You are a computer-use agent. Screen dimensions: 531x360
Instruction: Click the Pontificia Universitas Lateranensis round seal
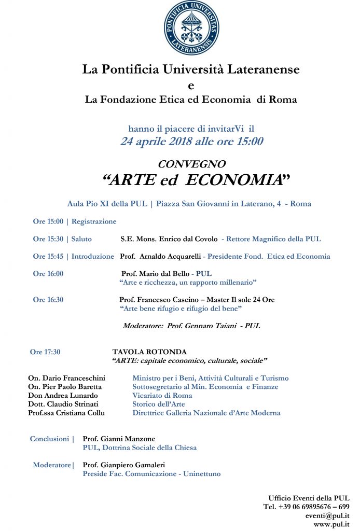(191, 29)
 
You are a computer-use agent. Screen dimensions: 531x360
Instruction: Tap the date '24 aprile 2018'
(156, 141)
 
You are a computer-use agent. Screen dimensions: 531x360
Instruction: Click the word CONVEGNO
(191, 164)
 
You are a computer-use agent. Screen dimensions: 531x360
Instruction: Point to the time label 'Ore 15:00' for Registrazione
(48, 221)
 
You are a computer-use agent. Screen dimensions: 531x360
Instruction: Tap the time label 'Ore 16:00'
(48, 274)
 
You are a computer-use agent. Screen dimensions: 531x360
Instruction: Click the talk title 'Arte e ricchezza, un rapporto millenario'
(188, 282)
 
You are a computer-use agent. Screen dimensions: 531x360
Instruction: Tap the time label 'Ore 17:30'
(45, 352)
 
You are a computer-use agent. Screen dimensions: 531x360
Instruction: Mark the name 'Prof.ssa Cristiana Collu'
(66, 413)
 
